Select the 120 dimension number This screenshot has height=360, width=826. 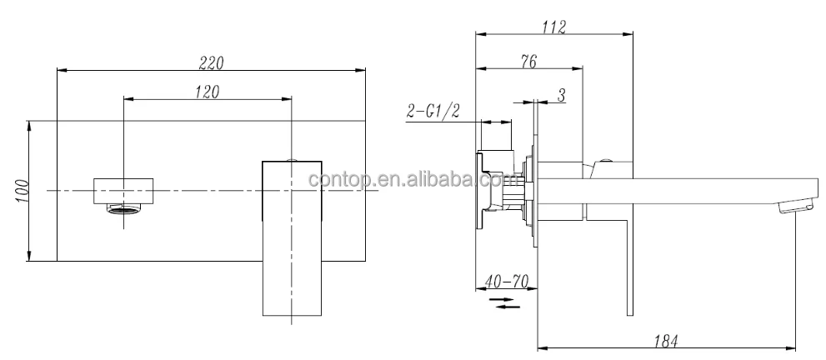pyautogui.click(x=206, y=92)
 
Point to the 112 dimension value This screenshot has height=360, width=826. pyautogui.click(x=553, y=27)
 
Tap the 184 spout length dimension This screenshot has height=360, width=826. pyautogui.click(x=664, y=340)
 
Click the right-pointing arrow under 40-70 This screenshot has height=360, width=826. pyautogui.click(x=500, y=297)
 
